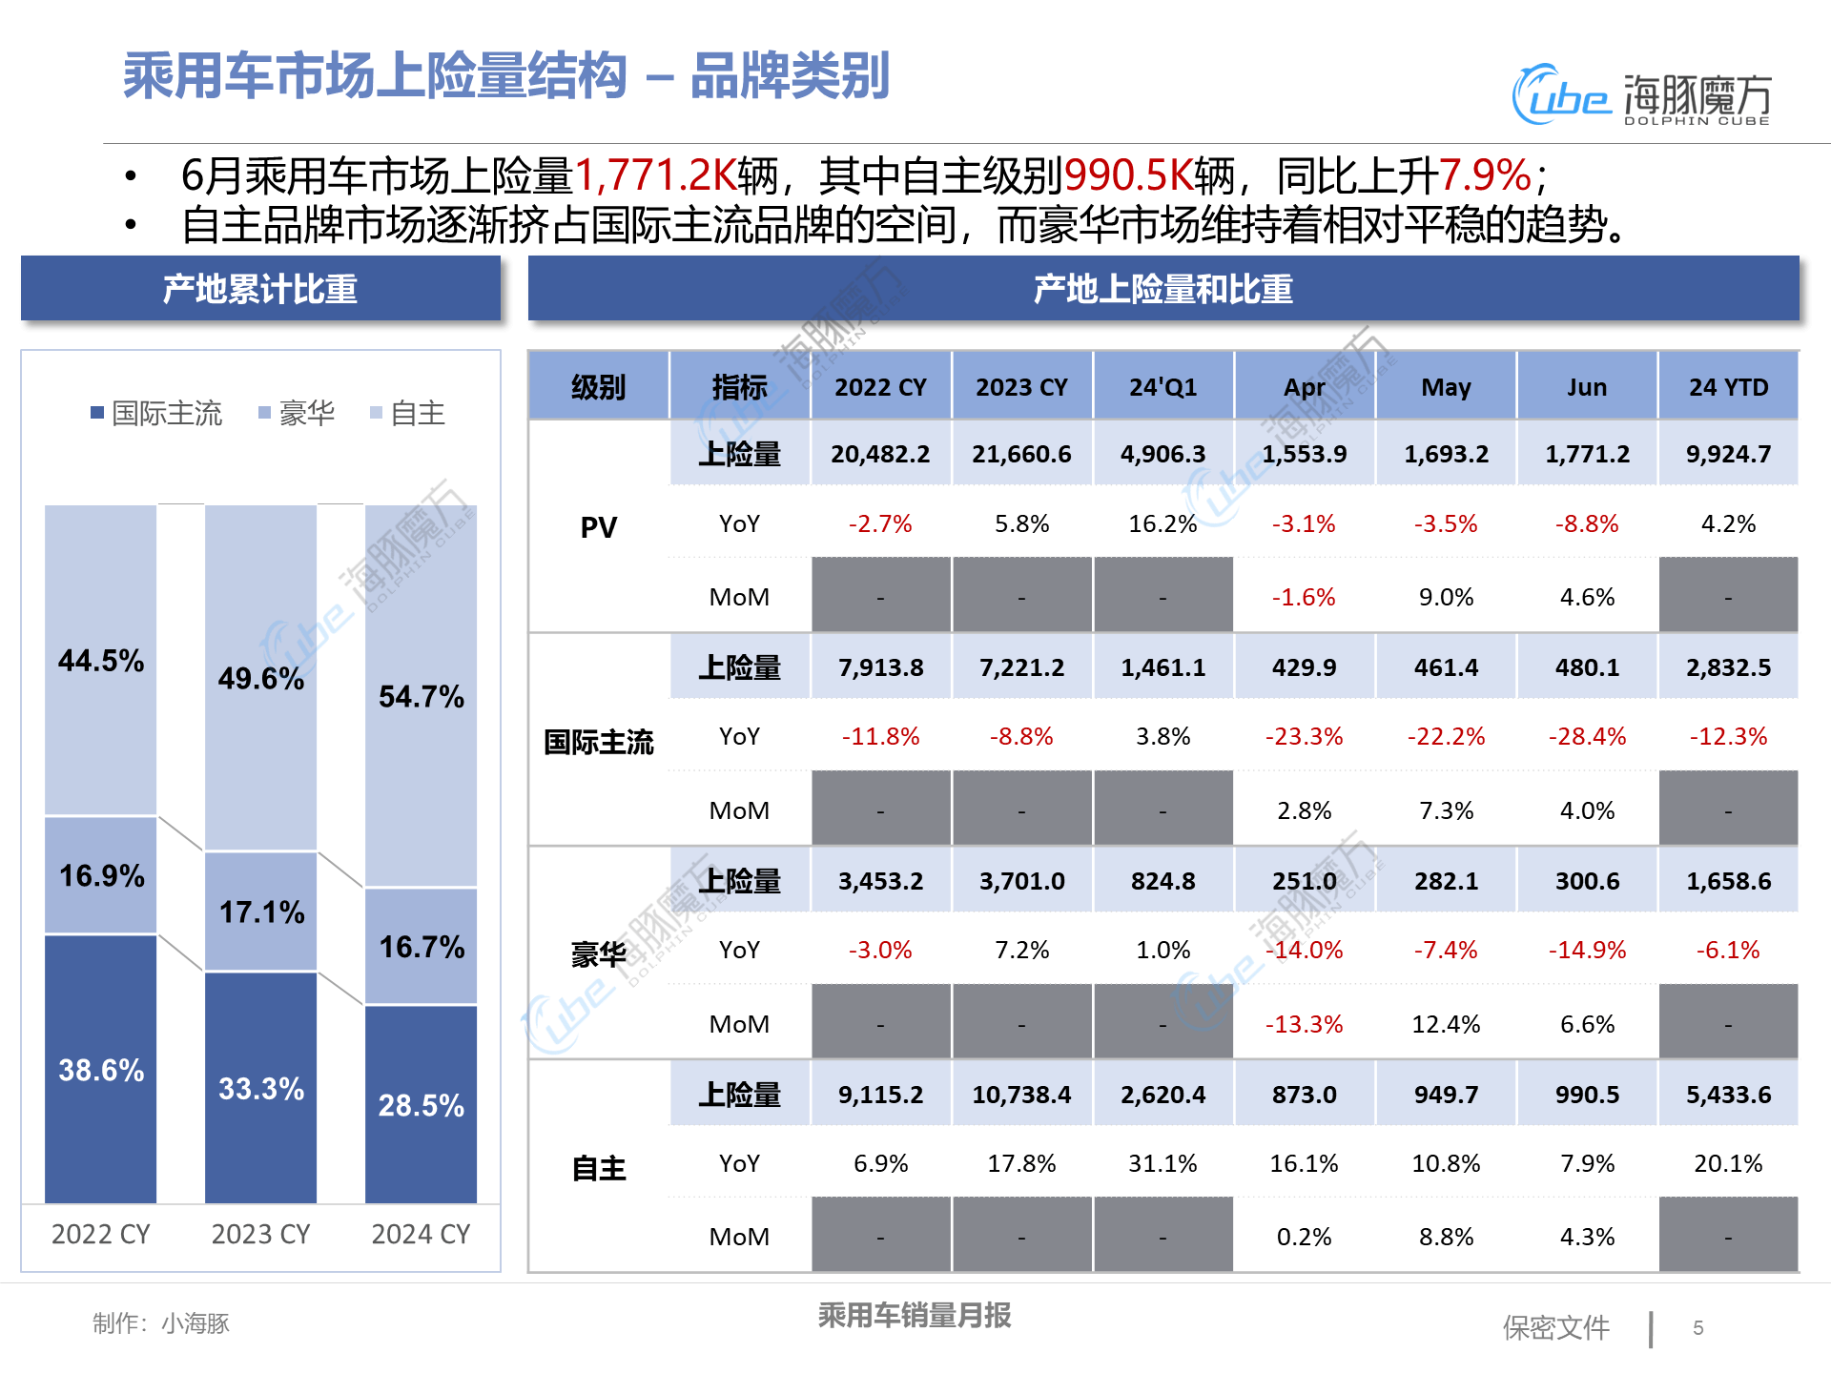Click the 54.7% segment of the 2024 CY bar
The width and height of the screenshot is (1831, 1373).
click(421, 696)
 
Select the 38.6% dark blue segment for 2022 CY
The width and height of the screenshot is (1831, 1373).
click(101, 1070)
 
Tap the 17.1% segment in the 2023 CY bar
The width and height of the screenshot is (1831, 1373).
click(261, 912)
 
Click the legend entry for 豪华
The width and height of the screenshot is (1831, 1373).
click(298, 413)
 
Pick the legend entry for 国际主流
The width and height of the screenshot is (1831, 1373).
click(157, 413)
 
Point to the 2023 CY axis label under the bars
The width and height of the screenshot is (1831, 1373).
click(260, 1234)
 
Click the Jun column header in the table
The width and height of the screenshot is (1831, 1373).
click(1587, 387)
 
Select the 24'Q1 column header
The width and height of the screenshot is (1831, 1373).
click(1162, 387)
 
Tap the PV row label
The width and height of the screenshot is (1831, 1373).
click(599, 527)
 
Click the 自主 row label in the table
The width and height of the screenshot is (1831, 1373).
click(599, 1168)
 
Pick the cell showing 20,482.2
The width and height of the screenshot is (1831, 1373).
click(880, 454)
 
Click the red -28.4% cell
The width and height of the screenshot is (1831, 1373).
click(1587, 736)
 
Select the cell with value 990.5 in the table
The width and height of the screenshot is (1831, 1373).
click(1587, 1095)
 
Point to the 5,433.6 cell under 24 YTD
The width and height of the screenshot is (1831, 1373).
click(1728, 1095)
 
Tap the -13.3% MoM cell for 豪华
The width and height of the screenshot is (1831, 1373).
click(1304, 1024)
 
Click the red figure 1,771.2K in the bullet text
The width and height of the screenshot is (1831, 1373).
click(655, 175)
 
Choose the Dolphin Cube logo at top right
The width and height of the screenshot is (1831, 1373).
click(1640, 95)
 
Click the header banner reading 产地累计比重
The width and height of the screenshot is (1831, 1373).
click(260, 289)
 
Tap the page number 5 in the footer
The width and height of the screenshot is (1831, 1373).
click(1698, 1327)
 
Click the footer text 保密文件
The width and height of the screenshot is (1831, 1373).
click(1555, 1327)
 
